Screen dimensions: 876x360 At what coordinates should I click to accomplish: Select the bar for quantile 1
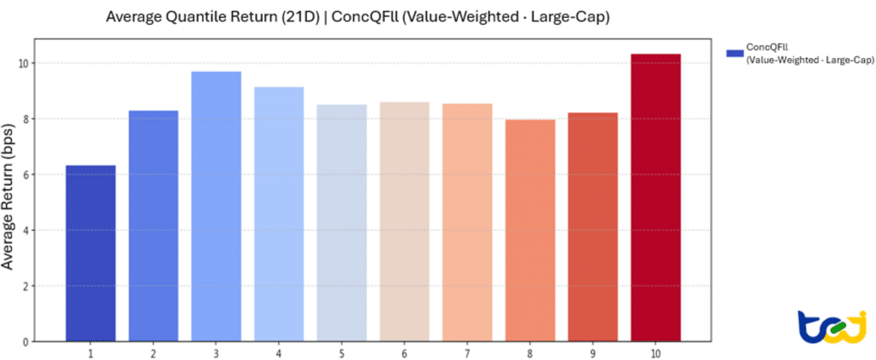click(91, 253)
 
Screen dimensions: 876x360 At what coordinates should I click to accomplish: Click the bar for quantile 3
click(216, 207)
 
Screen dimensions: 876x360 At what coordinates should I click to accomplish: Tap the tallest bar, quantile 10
click(656, 198)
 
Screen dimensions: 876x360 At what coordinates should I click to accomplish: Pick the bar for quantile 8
click(530, 231)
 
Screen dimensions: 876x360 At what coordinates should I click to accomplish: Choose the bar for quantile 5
click(342, 223)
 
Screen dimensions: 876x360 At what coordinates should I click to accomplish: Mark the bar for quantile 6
click(405, 221)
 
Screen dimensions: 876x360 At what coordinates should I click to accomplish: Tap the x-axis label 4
click(279, 354)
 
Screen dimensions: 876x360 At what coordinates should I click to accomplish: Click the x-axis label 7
click(467, 354)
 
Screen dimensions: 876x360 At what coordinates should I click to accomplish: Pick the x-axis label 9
click(593, 354)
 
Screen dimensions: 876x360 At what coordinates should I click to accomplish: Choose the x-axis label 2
click(153, 354)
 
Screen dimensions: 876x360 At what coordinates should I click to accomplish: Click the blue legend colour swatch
click(735, 54)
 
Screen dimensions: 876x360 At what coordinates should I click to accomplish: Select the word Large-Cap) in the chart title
click(579, 17)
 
